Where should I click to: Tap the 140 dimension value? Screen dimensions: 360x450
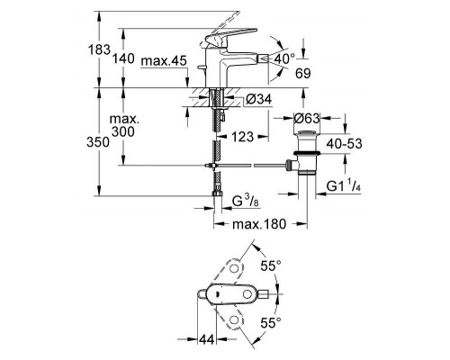(126, 60)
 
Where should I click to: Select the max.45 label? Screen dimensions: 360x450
(165, 60)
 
